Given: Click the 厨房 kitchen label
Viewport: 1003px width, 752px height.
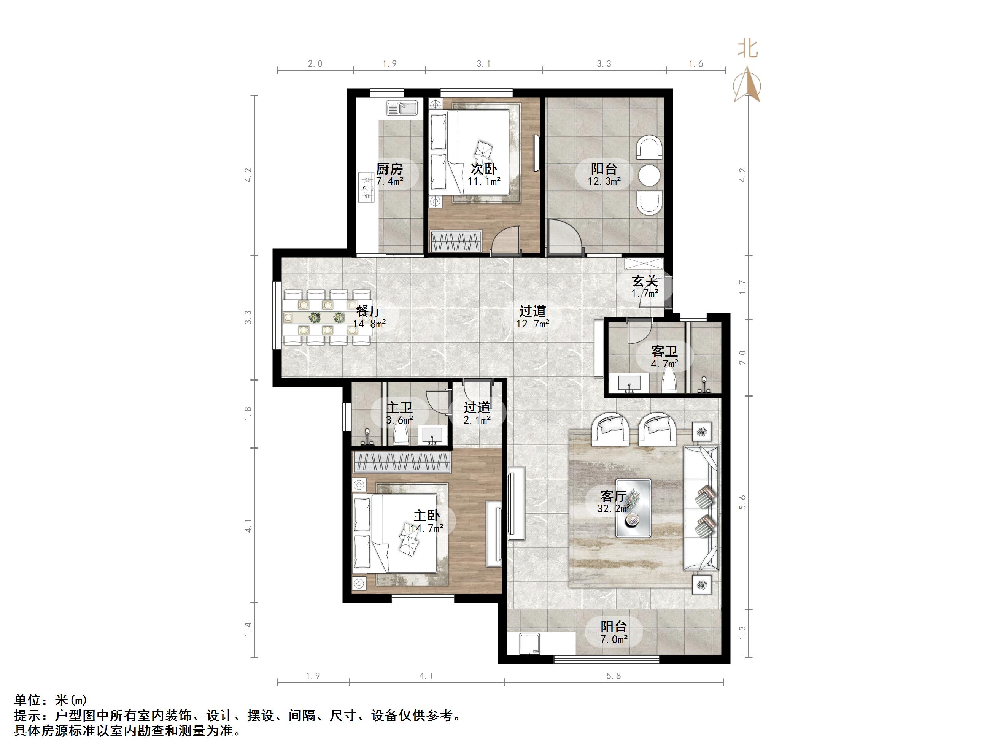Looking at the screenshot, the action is [x=389, y=169].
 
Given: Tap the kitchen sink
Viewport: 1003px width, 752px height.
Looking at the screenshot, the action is [x=402, y=108].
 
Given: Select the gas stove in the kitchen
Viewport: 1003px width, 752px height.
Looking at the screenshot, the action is [x=366, y=187].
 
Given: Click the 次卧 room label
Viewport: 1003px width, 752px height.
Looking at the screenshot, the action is [x=483, y=169].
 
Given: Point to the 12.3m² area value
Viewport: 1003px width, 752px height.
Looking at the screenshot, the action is [x=604, y=181].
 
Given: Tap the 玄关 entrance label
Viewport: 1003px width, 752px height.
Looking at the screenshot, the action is [x=645, y=281].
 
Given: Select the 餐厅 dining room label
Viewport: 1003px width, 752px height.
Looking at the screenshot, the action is [x=369, y=311].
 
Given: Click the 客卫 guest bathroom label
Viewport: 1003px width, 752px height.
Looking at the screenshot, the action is [x=664, y=351].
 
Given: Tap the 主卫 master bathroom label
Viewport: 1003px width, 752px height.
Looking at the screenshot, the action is [x=399, y=408].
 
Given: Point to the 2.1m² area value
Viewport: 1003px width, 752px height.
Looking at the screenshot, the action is [x=477, y=420].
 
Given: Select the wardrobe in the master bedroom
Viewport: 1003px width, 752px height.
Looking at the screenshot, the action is [x=402, y=462].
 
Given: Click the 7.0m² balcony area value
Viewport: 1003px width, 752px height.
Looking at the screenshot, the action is [x=614, y=639].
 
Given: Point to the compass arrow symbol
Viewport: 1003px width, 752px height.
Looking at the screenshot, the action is [x=747, y=85].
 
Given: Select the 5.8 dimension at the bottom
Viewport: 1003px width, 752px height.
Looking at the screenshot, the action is [x=614, y=676].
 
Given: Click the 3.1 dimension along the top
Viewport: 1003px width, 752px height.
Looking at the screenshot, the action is [x=483, y=64].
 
